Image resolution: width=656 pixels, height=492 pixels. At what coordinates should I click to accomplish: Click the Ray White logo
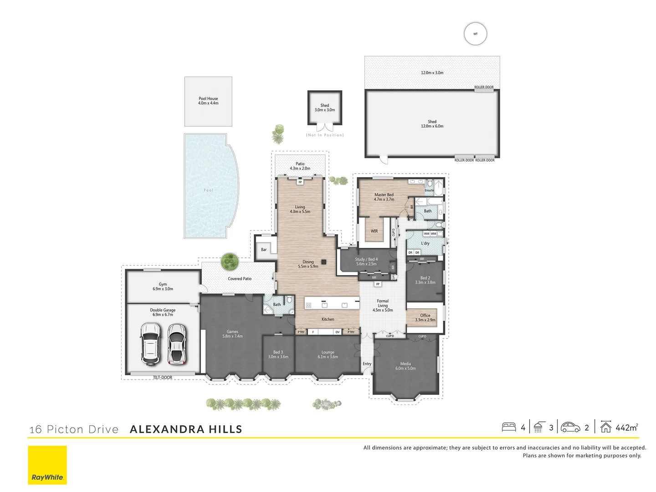point(47,465)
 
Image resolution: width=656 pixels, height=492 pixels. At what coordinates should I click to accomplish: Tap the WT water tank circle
point(475,34)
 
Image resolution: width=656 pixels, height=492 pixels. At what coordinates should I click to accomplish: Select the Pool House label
point(208,101)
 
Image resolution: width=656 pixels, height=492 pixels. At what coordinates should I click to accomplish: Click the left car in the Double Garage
point(150,343)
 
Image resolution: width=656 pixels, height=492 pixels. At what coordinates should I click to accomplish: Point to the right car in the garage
point(176,344)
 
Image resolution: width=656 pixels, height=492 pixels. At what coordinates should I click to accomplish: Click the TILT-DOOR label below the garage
point(163,378)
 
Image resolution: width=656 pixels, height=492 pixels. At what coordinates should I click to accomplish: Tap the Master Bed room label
point(384,197)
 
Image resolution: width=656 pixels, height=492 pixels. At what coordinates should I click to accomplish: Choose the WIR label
point(374,231)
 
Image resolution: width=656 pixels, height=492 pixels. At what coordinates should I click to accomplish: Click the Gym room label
point(163,287)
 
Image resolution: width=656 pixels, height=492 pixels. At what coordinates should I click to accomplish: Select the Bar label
point(264,250)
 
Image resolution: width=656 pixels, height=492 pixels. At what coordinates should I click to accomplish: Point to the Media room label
point(405,366)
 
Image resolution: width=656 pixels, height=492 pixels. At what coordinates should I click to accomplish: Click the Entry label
point(367,364)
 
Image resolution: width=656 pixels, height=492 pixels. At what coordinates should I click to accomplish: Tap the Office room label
point(425,318)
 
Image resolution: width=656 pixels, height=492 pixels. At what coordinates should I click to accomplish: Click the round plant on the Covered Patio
point(230,261)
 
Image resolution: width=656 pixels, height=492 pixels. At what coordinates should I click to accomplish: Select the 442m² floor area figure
point(627,427)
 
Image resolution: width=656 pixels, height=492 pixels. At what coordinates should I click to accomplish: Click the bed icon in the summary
point(509,427)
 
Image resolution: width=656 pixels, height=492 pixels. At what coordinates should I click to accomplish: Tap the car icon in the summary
point(570,427)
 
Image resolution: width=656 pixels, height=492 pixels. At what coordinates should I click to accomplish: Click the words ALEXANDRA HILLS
point(186,429)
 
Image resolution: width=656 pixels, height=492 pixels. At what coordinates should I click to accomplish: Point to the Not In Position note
point(325,135)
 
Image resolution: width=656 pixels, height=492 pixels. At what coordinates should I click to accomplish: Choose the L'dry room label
point(425,243)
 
